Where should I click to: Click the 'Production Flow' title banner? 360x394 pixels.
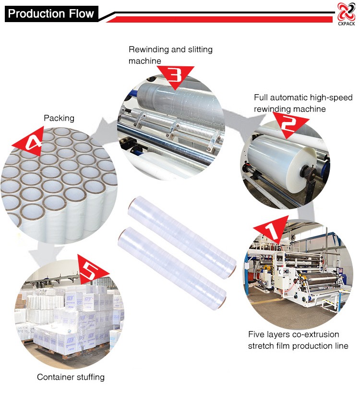51,13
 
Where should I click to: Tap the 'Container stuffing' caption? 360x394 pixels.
71,377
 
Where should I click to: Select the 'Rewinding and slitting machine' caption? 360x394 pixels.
170,55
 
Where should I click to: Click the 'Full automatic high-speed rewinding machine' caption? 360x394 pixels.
303,103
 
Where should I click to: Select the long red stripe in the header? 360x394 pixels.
221,19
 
